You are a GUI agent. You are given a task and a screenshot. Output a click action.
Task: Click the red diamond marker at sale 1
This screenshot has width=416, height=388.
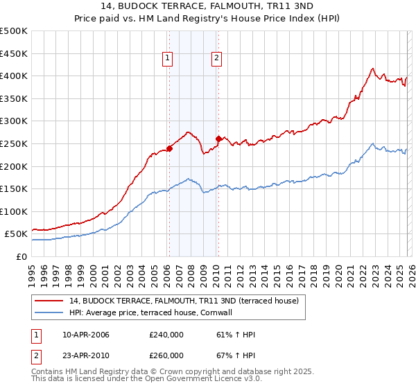tap(168, 148)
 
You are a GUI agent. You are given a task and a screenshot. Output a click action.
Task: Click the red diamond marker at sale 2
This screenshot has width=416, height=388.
tap(218, 139)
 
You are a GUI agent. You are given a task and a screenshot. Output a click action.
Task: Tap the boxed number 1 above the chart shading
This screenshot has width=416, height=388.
tap(168, 59)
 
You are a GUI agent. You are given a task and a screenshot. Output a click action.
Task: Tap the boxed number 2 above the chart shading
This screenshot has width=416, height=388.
tap(217, 59)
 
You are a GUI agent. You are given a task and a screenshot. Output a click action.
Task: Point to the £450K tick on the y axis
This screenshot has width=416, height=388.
tap(14, 53)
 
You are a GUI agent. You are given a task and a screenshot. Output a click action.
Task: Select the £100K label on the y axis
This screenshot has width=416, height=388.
tap(14, 211)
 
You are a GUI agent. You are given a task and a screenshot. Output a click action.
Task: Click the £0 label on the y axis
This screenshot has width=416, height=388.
tap(21, 256)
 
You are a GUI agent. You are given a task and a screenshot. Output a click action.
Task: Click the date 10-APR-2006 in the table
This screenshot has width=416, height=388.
tap(86, 335)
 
